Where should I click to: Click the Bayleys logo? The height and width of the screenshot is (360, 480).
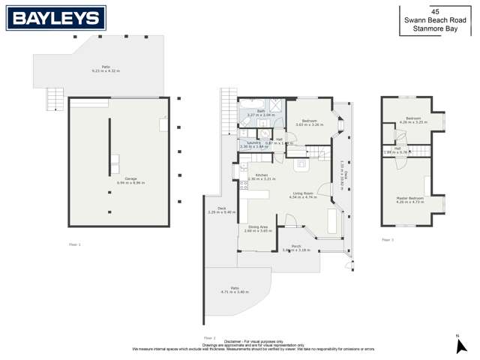tap(56, 18)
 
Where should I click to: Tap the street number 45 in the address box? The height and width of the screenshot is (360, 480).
tap(435, 11)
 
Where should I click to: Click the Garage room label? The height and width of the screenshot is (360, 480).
tap(130, 178)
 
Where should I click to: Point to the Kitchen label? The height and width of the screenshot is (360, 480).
tap(262, 175)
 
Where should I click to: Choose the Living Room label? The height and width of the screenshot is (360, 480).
tap(304, 193)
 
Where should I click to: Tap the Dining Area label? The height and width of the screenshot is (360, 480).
tap(258, 226)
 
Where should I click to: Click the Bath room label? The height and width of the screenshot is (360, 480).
tap(261, 111)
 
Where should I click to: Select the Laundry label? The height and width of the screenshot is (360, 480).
tap(253, 142)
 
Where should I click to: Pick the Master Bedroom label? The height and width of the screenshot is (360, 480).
tap(410, 198)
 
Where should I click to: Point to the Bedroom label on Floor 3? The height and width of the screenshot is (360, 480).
tap(413, 118)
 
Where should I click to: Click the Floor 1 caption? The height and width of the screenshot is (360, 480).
tap(74, 244)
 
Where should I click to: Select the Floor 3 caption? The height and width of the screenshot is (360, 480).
tap(387, 240)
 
